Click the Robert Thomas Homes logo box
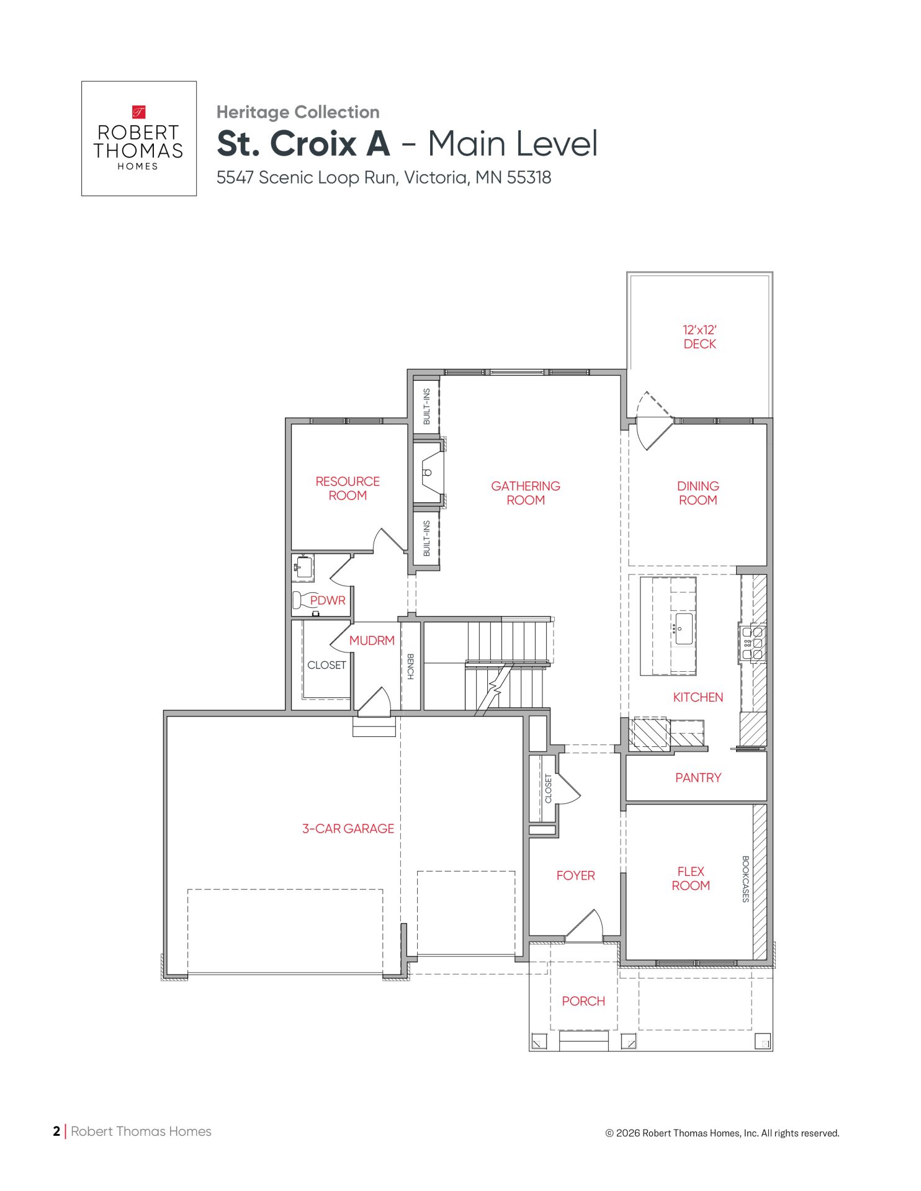pyautogui.click(x=139, y=138)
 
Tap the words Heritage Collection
pyautogui.click(x=298, y=112)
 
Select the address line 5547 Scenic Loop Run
pyautogui.click(x=384, y=177)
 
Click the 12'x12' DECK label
pyautogui.click(x=699, y=337)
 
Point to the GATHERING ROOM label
pyautogui.click(x=526, y=493)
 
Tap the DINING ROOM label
pyautogui.click(x=698, y=493)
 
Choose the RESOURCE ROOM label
pyautogui.click(x=348, y=488)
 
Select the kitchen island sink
pyautogui.click(x=684, y=629)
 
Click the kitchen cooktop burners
pyautogui.click(x=753, y=643)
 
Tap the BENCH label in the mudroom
pyautogui.click(x=410, y=666)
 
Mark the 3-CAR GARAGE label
pyautogui.click(x=348, y=829)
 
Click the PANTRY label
pyautogui.click(x=698, y=778)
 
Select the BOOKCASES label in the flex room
pyautogui.click(x=745, y=879)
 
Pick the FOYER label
pyautogui.click(x=576, y=876)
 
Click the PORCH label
pyautogui.click(x=583, y=1001)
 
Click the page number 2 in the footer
pyautogui.click(x=56, y=1131)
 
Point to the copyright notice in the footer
pyautogui.click(x=722, y=1133)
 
